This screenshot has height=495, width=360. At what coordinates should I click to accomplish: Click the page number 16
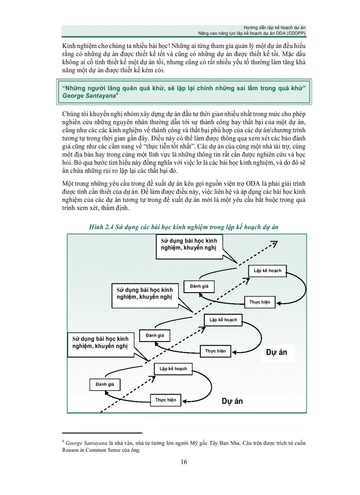click(184, 462)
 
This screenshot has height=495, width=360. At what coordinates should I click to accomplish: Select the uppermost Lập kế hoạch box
click(267, 270)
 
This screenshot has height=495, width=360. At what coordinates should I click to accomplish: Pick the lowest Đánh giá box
click(105, 384)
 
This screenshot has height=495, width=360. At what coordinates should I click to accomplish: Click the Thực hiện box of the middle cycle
click(215, 351)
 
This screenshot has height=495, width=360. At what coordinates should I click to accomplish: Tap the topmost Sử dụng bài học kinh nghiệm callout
click(189, 244)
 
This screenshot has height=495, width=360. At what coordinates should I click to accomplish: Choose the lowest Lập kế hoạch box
click(173, 368)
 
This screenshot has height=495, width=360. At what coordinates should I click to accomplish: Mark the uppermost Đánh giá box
click(199, 286)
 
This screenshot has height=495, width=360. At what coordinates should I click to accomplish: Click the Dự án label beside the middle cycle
click(277, 352)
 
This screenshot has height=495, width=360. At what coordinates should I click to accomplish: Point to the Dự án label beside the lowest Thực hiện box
click(232, 401)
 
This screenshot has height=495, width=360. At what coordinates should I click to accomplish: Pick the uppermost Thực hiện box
click(260, 302)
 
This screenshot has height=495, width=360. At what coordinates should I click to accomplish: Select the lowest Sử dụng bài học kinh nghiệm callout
click(100, 342)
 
